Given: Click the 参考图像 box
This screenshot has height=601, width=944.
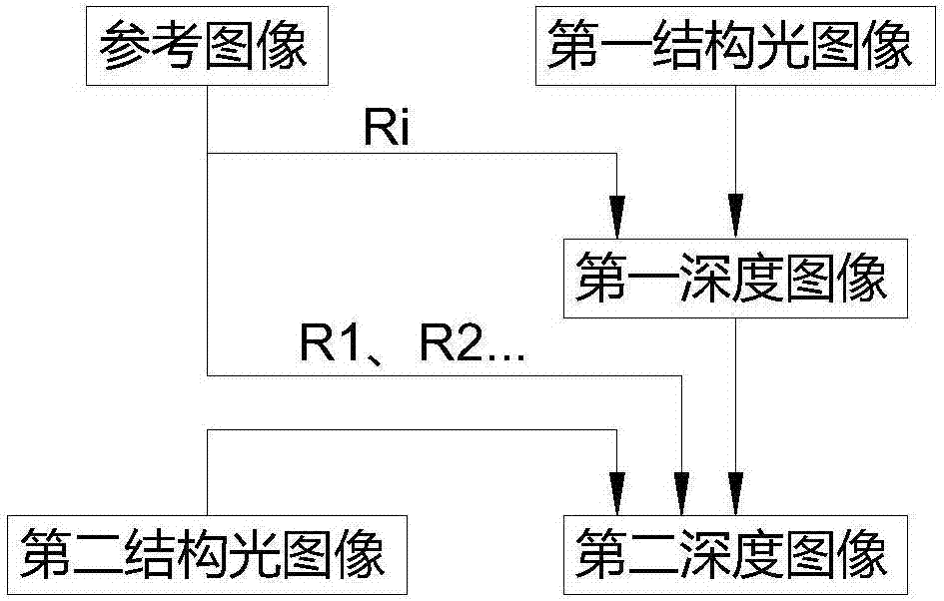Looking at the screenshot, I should (208, 46).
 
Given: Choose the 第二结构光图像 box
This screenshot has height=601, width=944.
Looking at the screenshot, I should (208, 552).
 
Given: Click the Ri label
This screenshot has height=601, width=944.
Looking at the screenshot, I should (388, 131).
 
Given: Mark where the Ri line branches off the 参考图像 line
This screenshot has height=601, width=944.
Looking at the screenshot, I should (207, 154).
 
